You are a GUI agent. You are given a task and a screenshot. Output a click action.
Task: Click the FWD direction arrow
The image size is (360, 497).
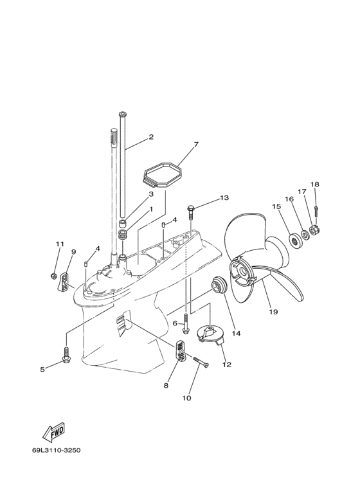pyautogui.click(x=54, y=432)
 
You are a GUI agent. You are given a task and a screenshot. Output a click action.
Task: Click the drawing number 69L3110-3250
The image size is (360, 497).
pyautogui.click(x=56, y=450)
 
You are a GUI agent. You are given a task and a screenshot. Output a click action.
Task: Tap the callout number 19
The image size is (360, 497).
pyautogui.click(x=273, y=312)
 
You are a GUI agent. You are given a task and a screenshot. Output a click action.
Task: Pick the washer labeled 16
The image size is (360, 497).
pyautogui.click(x=305, y=235)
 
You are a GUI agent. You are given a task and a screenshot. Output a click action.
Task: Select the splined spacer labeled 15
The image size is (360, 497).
pyautogui.click(x=294, y=242)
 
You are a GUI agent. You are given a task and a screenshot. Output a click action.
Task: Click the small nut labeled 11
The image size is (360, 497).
pyautogui.click(x=53, y=276)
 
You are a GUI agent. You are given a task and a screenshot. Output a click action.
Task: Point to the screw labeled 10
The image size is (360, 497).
pyautogui.click(x=201, y=361)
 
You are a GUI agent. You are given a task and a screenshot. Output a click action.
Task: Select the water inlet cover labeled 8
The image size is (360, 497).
pyautogui.click(x=181, y=350)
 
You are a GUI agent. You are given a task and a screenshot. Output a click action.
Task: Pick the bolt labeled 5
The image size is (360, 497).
pyautogui.click(x=66, y=356)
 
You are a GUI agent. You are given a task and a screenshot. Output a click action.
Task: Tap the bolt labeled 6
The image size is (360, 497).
pyautogui.click(x=185, y=323)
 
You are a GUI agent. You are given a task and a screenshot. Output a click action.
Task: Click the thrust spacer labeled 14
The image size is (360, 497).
pyautogui.click(x=219, y=285)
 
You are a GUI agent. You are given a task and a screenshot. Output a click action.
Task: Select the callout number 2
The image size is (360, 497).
pyautogui.click(x=151, y=137)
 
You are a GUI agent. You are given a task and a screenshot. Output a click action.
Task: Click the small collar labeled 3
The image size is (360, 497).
pyautogui.click(x=123, y=224)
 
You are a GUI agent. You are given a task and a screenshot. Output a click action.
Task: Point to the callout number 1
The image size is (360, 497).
pyautogui.click(x=151, y=209)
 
